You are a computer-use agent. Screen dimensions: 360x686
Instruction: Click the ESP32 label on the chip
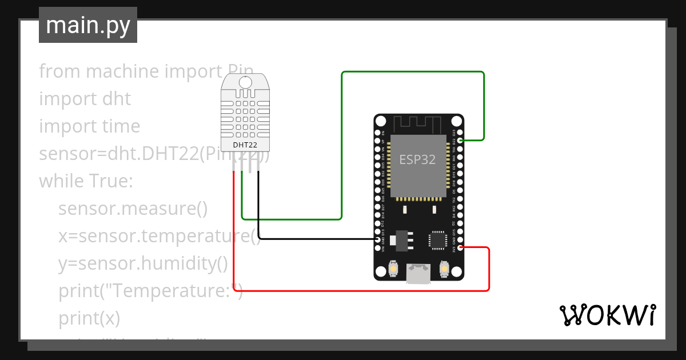[x=417, y=159]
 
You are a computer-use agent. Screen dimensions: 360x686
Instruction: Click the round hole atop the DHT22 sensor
[x=245, y=82]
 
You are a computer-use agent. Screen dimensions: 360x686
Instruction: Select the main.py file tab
[x=88, y=25]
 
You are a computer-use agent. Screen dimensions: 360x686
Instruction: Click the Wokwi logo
[x=607, y=315]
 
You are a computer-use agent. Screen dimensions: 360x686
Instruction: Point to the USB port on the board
[x=419, y=274]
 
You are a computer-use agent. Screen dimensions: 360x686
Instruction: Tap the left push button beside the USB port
[x=393, y=267]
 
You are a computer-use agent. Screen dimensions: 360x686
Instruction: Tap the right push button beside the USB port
[x=444, y=267]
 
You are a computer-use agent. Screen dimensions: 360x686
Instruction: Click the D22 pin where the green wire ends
[x=460, y=140]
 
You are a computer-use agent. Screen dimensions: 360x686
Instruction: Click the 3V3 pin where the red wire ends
[x=460, y=247]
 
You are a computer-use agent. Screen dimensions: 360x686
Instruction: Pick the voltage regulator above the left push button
[x=401, y=241]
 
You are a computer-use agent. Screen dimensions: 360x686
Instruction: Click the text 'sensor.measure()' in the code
[x=133, y=209]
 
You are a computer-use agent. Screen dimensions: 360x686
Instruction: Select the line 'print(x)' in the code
[x=89, y=318]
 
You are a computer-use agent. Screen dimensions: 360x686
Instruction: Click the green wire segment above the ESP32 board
[x=412, y=72]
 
